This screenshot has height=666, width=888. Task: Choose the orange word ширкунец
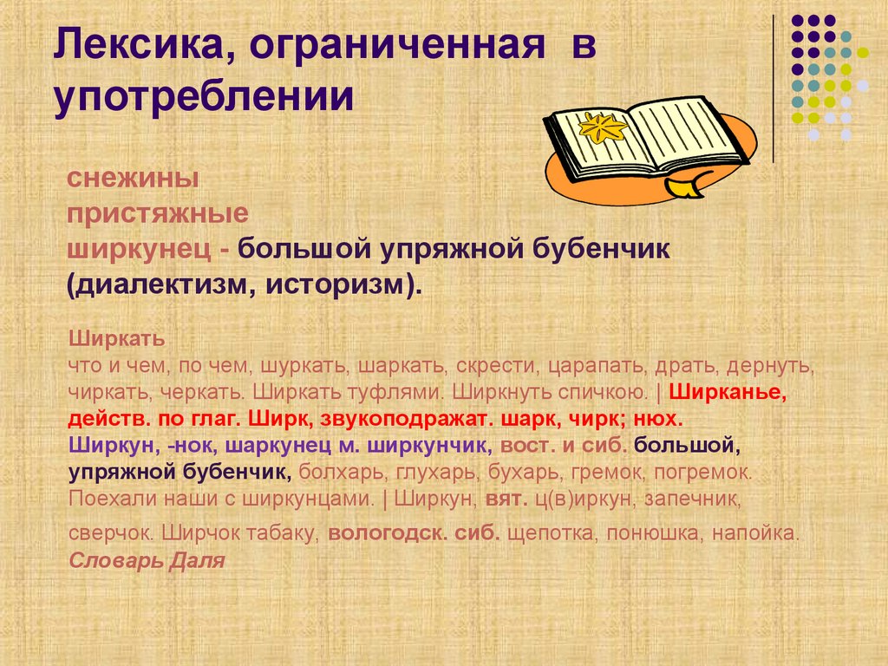click(140, 250)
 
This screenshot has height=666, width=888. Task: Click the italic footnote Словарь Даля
click(147, 560)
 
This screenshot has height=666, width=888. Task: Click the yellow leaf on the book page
click(603, 130)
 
